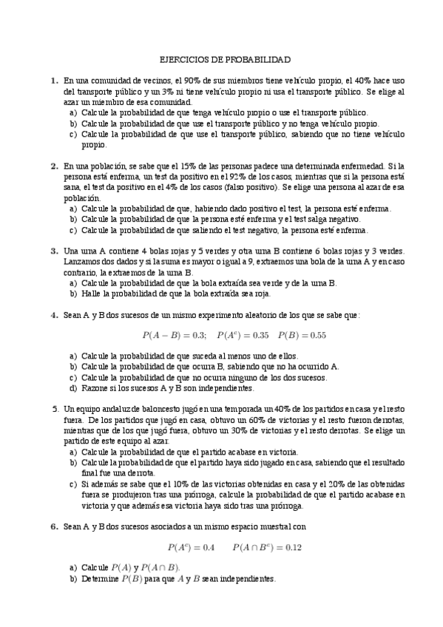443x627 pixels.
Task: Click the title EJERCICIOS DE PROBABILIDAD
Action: point(225,58)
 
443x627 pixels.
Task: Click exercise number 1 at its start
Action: point(54,80)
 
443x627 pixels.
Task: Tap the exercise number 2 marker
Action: point(54,166)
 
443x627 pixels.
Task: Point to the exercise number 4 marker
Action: point(54,314)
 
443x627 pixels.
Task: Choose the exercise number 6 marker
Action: point(54,526)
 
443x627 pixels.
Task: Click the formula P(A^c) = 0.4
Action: point(191,548)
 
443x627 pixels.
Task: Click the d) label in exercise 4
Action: point(72,388)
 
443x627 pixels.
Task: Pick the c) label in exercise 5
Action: point(72,484)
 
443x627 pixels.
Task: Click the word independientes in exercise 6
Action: point(248,579)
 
